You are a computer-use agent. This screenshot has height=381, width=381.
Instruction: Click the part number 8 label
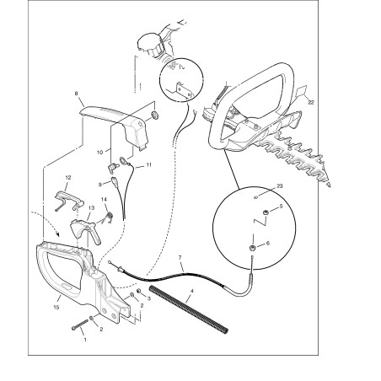pyautogui.click(x=76, y=94)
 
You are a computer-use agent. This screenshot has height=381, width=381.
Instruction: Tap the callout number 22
pyautogui.click(x=311, y=103)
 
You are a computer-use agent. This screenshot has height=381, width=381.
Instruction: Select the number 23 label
pyautogui.click(x=280, y=186)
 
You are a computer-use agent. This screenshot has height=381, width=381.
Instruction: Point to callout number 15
pyautogui.click(x=56, y=307)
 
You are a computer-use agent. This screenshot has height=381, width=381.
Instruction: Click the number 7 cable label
pyautogui.click(x=180, y=257)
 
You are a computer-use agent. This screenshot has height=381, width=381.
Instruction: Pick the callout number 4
pyautogui.click(x=192, y=292)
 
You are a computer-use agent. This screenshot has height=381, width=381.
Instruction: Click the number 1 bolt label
pyautogui.click(x=85, y=340)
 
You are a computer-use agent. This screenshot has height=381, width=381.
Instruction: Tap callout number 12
pyautogui.click(x=68, y=178)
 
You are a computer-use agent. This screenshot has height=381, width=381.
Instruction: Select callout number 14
pyautogui.click(x=104, y=199)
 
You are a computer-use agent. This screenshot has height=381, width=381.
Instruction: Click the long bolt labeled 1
pyautogui.click(x=80, y=325)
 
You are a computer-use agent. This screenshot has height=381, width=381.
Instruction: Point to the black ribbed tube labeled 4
pyautogui.click(x=189, y=309)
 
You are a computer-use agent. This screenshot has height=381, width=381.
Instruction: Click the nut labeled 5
pyautogui.click(x=265, y=212)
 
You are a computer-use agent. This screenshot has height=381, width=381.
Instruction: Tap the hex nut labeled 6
pyautogui.click(x=252, y=248)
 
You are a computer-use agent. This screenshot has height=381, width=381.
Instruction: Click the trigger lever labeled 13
pyautogui.click(x=84, y=229)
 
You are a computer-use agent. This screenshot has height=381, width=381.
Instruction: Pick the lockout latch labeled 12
pyautogui.click(x=69, y=199)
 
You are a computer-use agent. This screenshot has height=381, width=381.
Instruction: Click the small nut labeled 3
pyautogui.click(x=138, y=291)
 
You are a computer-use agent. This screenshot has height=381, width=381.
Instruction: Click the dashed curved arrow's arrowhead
pyautogui.click(x=58, y=233)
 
